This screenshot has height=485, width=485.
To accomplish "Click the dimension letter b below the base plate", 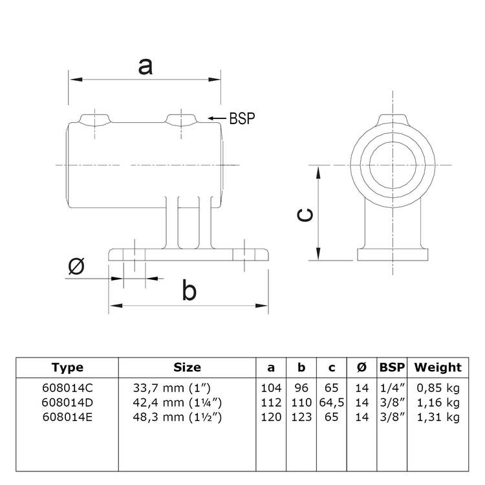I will [x=189, y=291].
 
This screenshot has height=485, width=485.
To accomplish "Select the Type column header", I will [x=67, y=367].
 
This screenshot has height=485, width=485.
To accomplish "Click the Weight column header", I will [x=438, y=367].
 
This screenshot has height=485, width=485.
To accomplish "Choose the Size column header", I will [x=187, y=367].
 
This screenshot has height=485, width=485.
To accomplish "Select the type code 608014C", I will [x=67, y=388].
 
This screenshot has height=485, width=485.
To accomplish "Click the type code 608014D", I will [x=67, y=402].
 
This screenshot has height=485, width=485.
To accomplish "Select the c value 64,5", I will [x=332, y=402].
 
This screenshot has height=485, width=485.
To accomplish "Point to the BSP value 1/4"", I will [x=392, y=388].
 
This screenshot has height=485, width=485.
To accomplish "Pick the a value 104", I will [x=271, y=388].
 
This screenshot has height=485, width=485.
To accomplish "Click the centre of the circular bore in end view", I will [x=391, y=165].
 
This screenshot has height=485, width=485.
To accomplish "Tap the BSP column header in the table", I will [x=392, y=367].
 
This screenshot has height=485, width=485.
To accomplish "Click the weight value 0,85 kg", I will [x=438, y=388].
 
